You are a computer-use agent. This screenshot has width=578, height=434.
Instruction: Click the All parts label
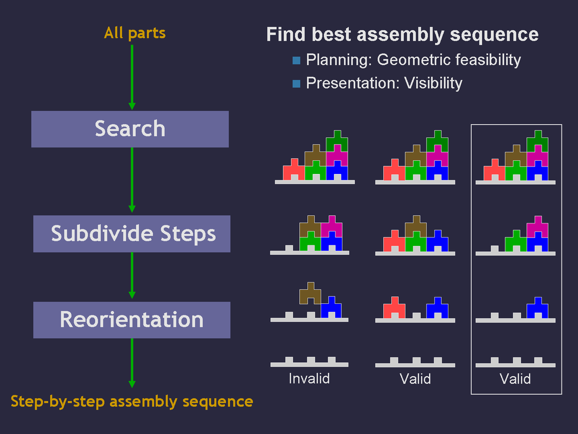click(x=135, y=33)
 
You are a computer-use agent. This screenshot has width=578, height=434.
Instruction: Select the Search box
click(x=130, y=129)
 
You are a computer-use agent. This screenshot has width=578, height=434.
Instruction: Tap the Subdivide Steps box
click(x=132, y=234)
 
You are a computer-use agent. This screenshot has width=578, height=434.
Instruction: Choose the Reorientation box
click(x=132, y=320)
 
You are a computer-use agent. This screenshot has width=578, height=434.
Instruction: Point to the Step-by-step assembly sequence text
click(x=132, y=401)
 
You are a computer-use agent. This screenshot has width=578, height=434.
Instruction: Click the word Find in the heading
click(x=286, y=35)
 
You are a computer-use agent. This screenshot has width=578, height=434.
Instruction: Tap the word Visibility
click(x=433, y=83)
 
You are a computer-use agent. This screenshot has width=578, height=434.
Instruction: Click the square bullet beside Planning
click(x=296, y=61)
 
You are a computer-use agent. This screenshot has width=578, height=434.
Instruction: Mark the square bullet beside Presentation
click(x=296, y=84)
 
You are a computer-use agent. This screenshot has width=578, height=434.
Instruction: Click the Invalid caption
click(x=309, y=379)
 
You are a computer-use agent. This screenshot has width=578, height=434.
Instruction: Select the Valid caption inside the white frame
click(x=515, y=379)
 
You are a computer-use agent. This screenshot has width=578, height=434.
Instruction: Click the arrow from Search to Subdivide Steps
click(x=132, y=180)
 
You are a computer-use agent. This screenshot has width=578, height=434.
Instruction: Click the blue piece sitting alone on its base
click(x=538, y=309)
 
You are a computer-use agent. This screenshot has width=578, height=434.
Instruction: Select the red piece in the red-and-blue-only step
click(x=394, y=307)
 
